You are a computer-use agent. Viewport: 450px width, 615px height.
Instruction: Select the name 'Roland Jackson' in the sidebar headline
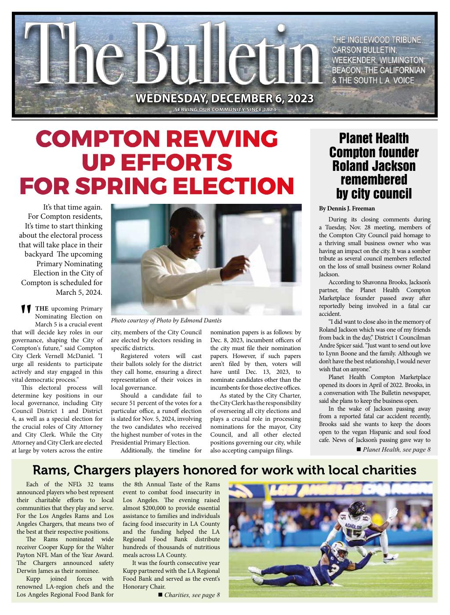[x=374, y=166]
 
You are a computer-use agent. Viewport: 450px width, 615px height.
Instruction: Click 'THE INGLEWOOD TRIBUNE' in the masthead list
[x=377, y=40]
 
